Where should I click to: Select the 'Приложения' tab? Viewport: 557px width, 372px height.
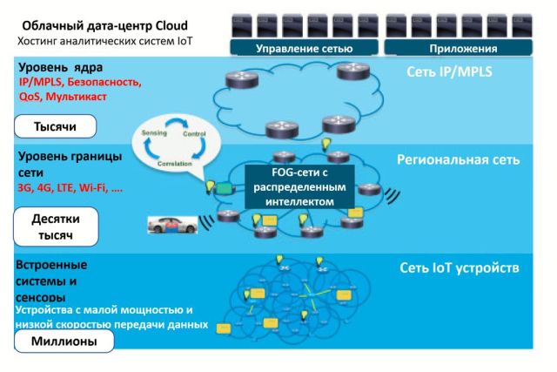tap(464, 49)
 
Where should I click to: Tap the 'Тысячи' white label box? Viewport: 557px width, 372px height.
tap(55, 127)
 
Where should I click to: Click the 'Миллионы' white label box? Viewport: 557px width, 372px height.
tap(64, 342)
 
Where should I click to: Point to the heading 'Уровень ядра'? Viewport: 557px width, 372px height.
tap(59, 67)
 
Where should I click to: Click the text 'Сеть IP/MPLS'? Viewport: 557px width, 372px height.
tap(449, 71)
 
